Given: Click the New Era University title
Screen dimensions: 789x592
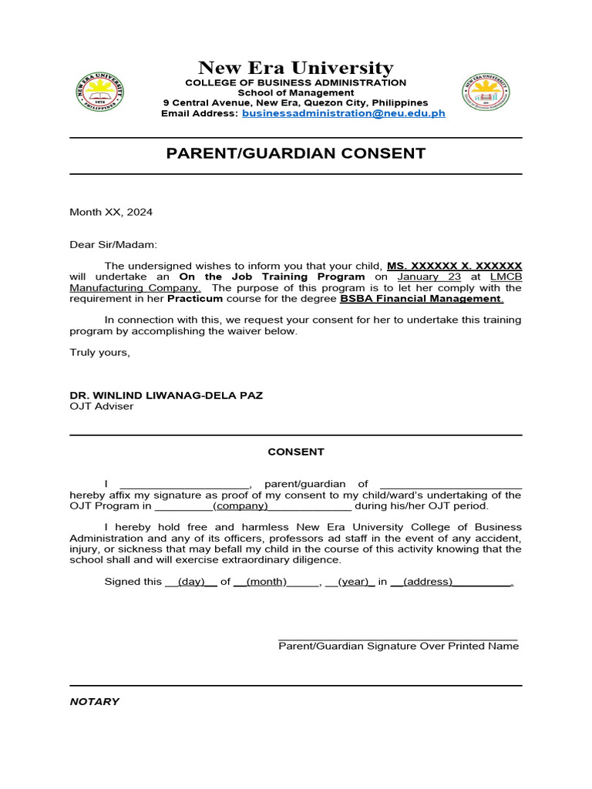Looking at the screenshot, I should click(296, 68).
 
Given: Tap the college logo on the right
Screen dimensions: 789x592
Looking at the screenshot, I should click(487, 92).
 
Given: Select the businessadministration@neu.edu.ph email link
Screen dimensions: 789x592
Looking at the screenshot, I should click(344, 113).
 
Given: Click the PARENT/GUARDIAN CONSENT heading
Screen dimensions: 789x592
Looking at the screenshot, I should click(296, 153).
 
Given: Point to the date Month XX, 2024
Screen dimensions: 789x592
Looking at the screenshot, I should click(106, 212).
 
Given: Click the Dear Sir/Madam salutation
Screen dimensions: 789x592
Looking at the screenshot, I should click(113, 245).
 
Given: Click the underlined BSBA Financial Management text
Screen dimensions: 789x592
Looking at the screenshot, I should click(422, 298).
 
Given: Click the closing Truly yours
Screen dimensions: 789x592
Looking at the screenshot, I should click(100, 352).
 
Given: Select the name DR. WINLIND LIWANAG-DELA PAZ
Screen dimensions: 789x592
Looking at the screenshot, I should click(166, 395).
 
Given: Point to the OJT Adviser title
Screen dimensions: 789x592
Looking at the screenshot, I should click(102, 406).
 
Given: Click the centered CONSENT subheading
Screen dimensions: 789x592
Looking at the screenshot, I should click(296, 452).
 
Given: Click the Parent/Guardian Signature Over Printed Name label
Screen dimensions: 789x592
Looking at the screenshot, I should click(399, 646).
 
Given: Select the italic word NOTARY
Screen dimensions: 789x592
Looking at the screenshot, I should click(95, 702).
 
